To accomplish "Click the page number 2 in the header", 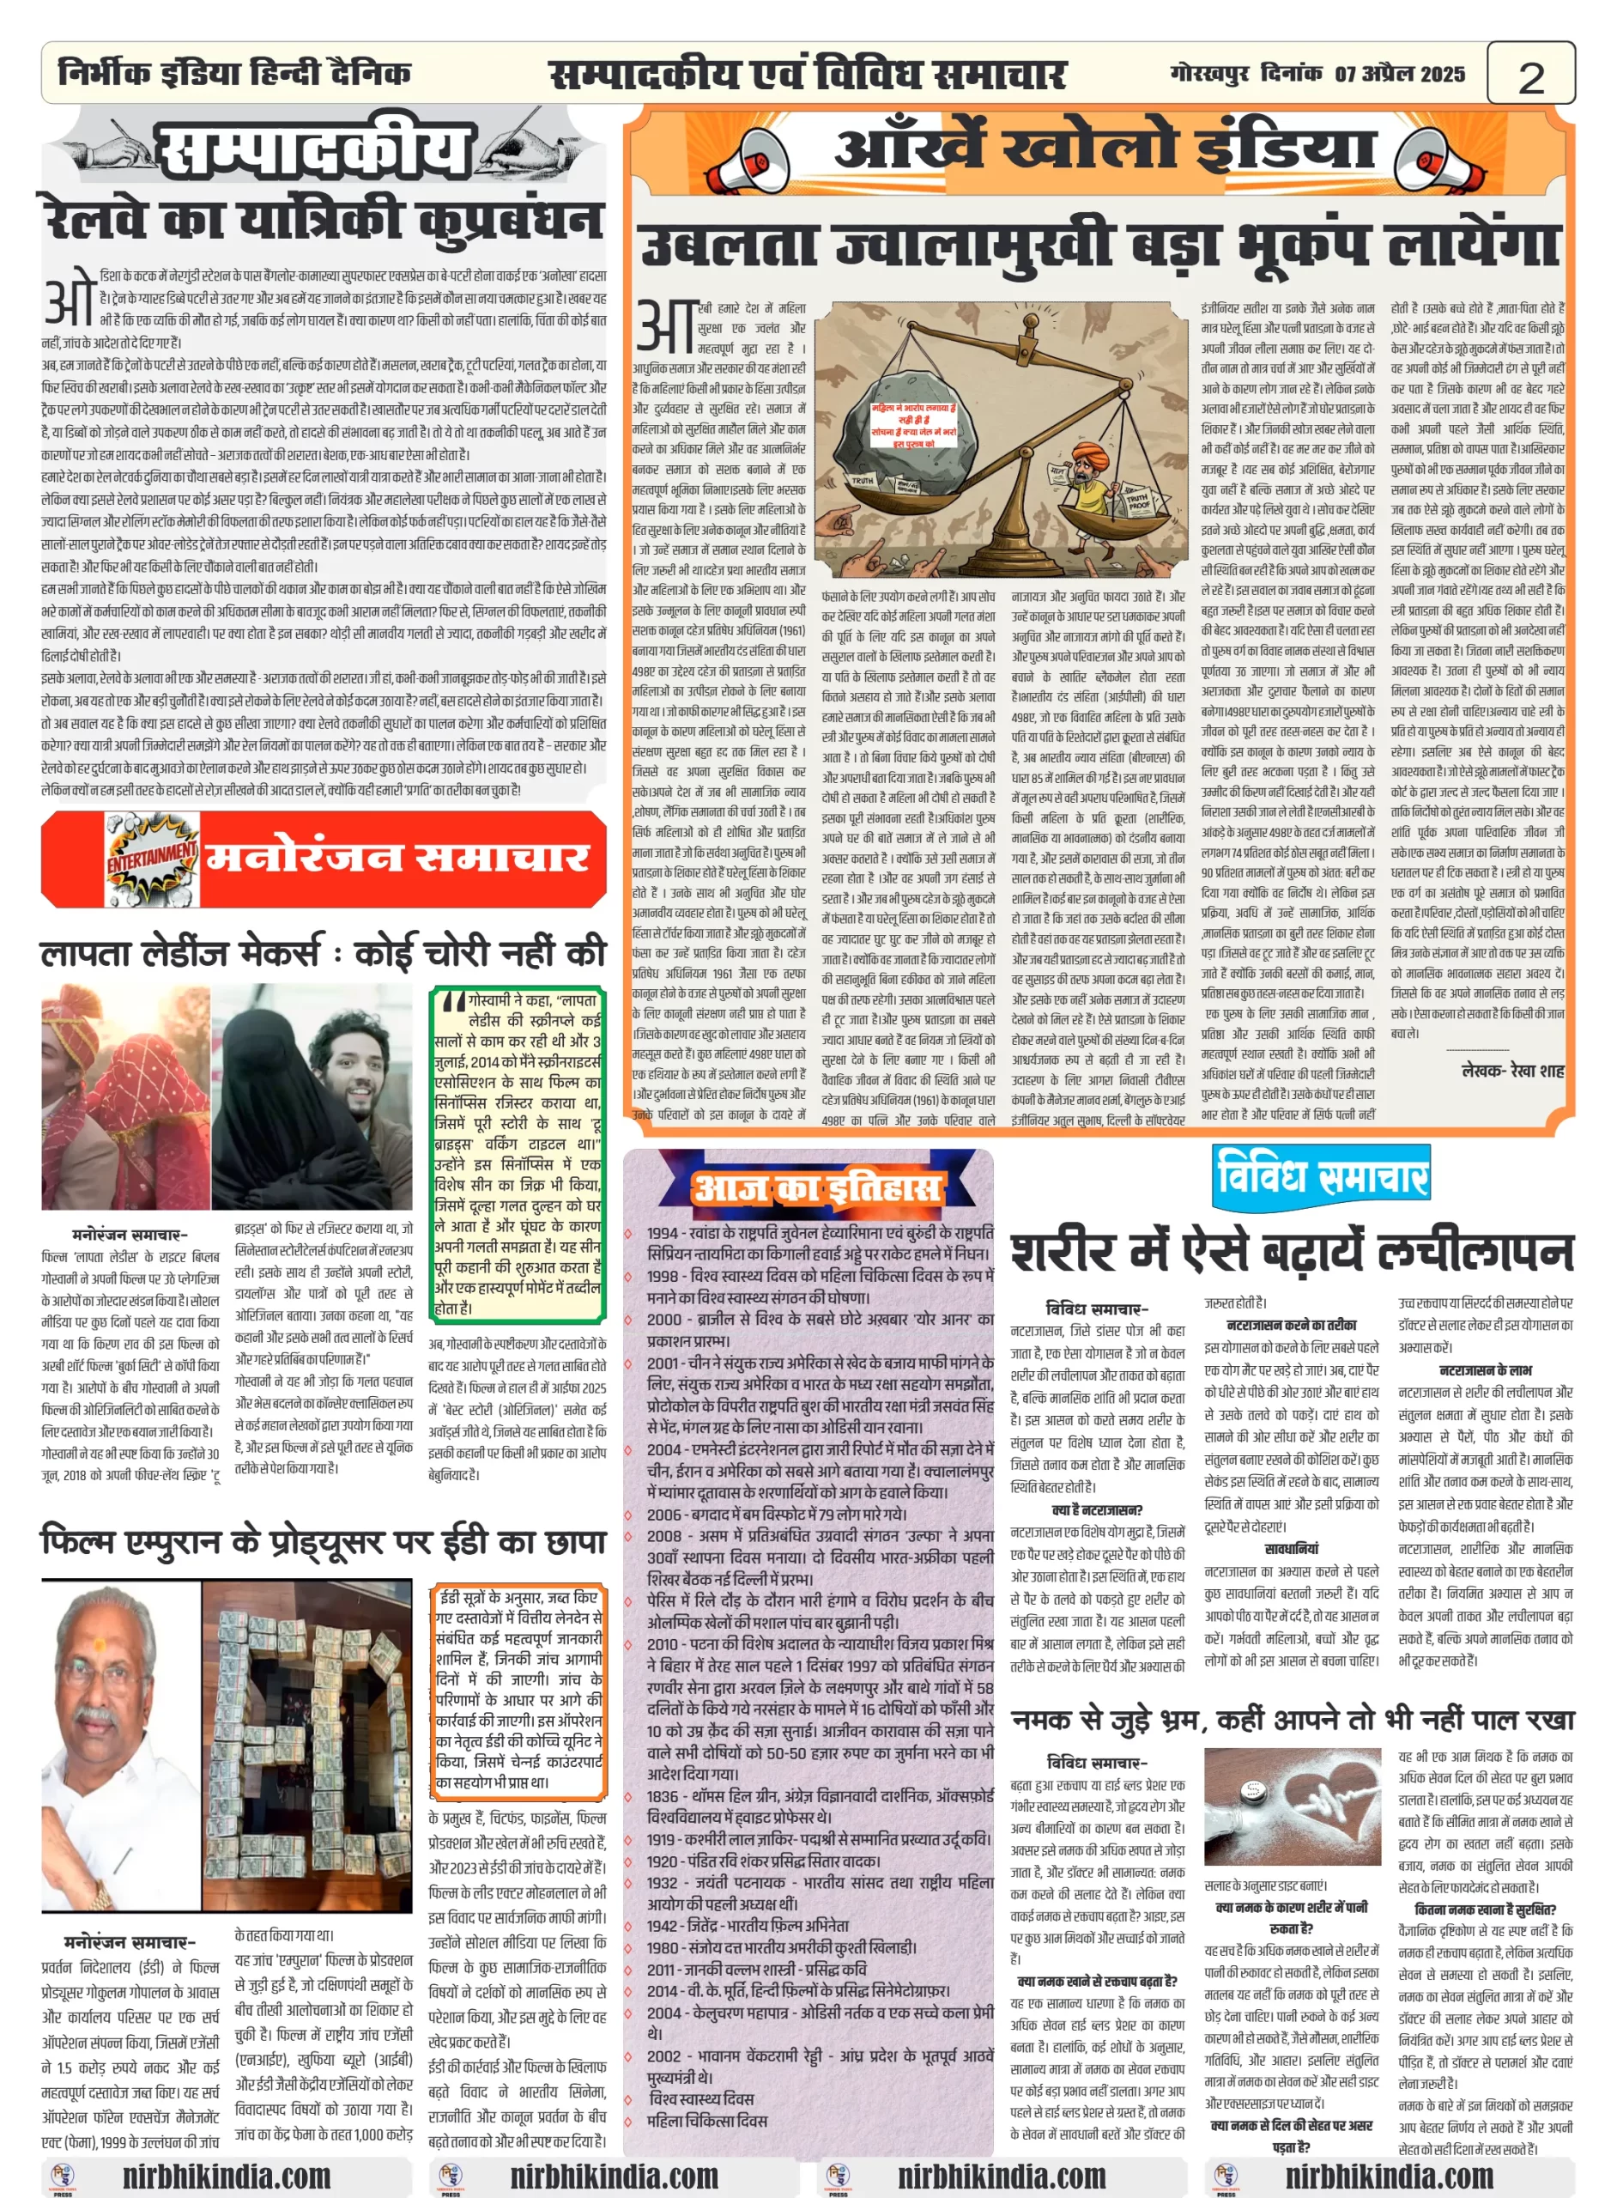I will (1530, 76).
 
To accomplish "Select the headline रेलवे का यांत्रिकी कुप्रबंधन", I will (323, 219).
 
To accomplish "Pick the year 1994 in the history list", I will (663, 1234).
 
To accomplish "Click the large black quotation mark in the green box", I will (453, 1003).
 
